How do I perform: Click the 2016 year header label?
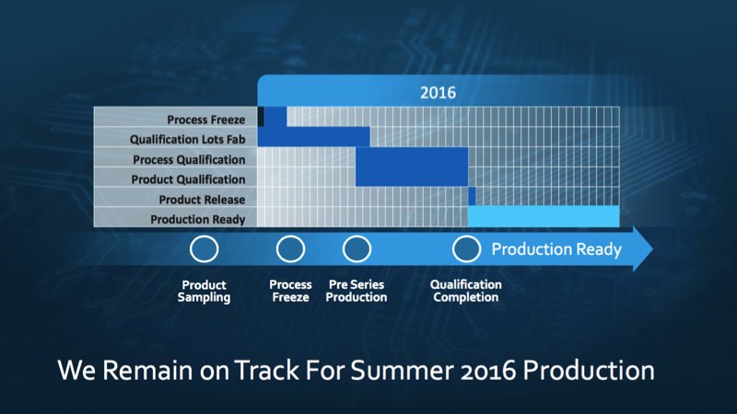coord(438,93)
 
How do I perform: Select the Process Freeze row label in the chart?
coord(205,120)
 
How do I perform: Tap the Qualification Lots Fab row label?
coord(188,140)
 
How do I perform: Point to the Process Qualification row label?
coord(189,159)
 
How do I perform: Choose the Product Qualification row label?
coord(188,179)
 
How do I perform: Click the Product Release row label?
coord(202,200)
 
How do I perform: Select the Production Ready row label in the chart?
coord(198,219)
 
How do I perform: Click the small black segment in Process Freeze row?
coord(261,117)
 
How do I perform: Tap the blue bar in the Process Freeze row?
coord(275,117)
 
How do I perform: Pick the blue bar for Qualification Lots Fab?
coord(314,136)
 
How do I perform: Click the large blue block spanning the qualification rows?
coord(412,167)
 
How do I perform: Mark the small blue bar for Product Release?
coord(472,196)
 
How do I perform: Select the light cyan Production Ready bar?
coord(544,216)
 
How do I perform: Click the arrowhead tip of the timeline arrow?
coord(652,248)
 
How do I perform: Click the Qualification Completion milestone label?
coord(466,291)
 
